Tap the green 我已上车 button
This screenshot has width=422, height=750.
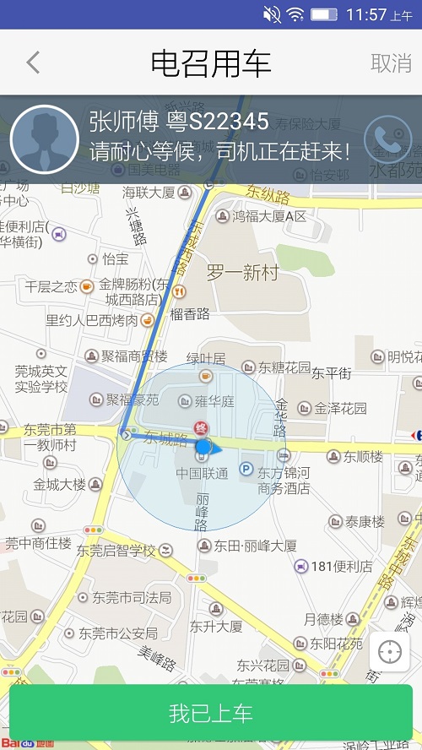[x=211, y=713]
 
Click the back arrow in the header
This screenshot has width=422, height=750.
[x=33, y=62]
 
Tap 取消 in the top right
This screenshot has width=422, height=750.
[x=391, y=62]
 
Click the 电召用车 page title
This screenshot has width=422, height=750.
[x=211, y=63]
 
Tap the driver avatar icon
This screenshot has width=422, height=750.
[x=44, y=139]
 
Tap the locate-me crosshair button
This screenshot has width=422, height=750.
[x=390, y=652]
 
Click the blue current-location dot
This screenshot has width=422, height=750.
[x=203, y=446]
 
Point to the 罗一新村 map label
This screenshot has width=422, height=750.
[x=242, y=273]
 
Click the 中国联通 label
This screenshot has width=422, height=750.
[x=202, y=474]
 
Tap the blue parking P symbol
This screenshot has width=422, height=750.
[x=246, y=468]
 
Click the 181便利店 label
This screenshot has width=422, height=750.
[x=342, y=566]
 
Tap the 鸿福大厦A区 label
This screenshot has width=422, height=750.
[x=269, y=217]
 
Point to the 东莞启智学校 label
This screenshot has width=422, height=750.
[x=116, y=551]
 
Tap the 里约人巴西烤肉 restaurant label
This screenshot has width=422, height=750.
[x=91, y=320]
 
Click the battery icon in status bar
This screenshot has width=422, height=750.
[x=324, y=14]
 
